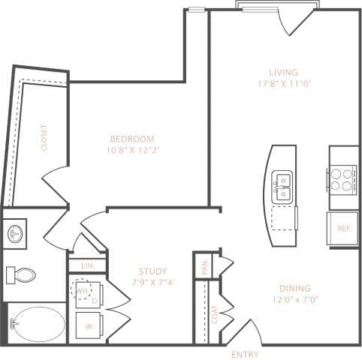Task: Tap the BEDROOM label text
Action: (x=132, y=139)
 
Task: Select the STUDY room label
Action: (x=152, y=271)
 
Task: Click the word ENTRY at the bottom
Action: (x=245, y=353)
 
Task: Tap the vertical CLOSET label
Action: (x=44, y=138)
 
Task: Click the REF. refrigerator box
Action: (x=344, y=228)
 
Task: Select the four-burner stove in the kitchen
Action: (x=342, y=178)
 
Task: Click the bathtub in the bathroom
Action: (x=36, y=323)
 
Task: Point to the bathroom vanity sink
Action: (x=16, y=233)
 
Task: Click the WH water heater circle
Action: (x=81, y=291)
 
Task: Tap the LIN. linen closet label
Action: (x=87, y=265)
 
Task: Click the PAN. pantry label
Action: (x=205, y=266)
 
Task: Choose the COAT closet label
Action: (x=214, y=313)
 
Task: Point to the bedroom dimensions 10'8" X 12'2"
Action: (x=132, y=151)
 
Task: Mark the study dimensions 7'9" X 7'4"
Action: (x=152, y=283)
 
